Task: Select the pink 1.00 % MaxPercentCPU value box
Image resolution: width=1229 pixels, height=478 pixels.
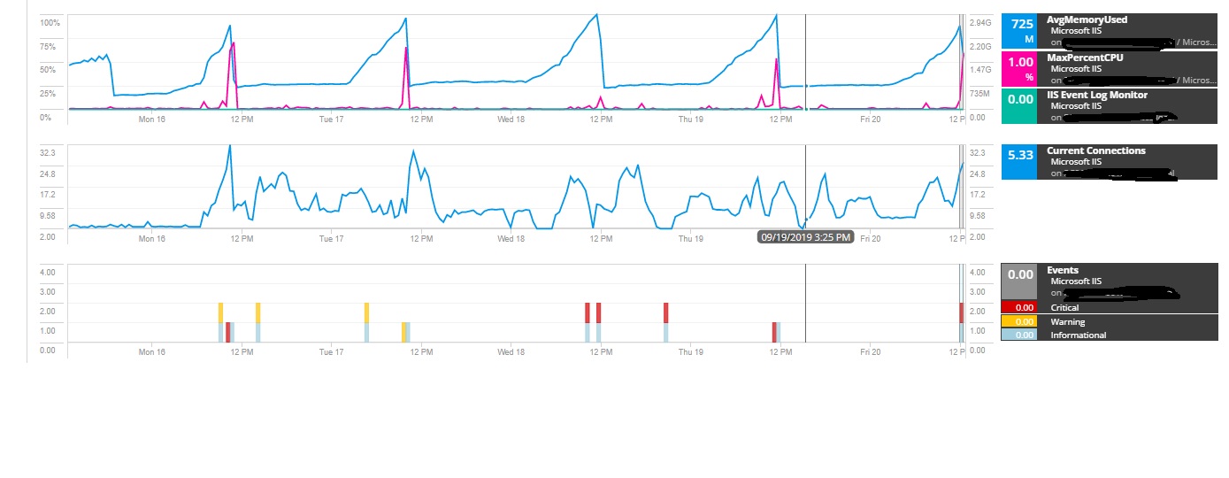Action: click(1020, 68)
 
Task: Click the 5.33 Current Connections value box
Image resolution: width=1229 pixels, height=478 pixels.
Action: click(1020, 162)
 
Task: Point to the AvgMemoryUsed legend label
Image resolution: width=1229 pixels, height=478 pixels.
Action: click(1087, 19)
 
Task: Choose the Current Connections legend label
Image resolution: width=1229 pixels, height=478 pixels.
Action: click(1095, 150)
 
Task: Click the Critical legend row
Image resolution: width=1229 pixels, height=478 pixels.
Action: click(1064, 307)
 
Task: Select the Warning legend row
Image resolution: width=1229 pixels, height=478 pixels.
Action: click(1067, 321)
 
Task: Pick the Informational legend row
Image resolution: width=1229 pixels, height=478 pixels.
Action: click(1078, 335)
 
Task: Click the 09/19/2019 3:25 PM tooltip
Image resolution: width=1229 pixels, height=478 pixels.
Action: click(805, 237)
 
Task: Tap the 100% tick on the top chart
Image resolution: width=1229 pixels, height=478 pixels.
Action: click(50, 22)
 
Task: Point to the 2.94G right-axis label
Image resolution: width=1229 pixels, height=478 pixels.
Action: click(980, 23)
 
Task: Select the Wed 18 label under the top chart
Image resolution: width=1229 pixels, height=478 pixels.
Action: click(511, 117)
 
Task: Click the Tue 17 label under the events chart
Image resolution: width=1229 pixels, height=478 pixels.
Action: click(331, 351)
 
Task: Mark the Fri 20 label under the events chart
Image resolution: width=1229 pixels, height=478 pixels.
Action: click(870, 351)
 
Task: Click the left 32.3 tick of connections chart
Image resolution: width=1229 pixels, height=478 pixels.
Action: click(48, 152)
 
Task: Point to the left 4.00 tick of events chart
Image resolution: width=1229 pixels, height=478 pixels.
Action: click(48, 272)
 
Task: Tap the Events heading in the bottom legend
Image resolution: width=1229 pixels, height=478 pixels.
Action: click(1062, 270)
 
